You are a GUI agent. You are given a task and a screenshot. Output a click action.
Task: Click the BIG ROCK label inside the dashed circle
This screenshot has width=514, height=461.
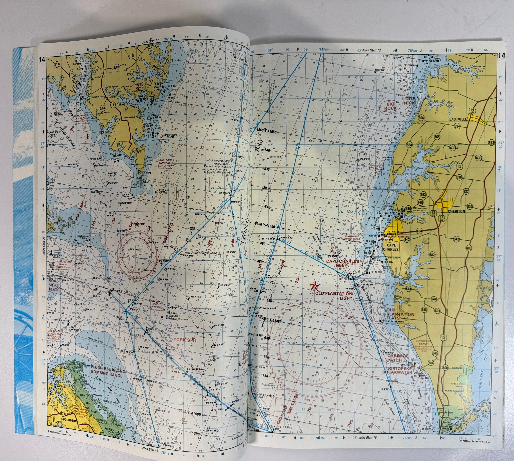pyautogui.click(x=390, y=106)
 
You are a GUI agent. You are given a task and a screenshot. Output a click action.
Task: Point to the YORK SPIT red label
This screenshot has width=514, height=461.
pyautogui.click(x=185, y=340)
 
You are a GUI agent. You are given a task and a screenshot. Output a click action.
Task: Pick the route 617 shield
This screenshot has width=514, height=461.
pyautogui.click(x=57, y=65)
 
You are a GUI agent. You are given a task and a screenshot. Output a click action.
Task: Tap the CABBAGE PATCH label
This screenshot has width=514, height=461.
pyautogui.click(x=398, y=358)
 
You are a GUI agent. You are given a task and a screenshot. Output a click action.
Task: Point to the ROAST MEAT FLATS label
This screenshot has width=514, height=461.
pyautogui.click(x=54, y=285)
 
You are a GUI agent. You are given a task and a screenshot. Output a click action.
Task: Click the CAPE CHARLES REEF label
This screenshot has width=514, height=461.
pyautogui.click(x=342, y=263)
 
